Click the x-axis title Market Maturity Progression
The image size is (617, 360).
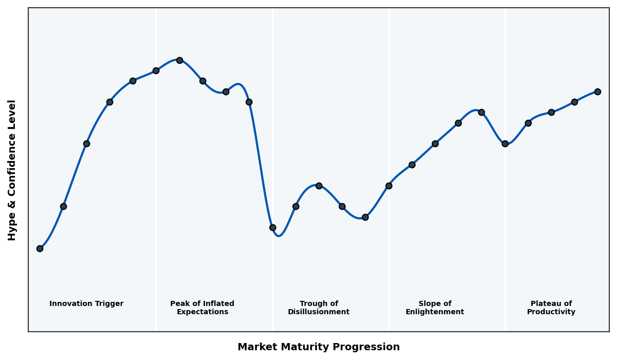coord(318,347)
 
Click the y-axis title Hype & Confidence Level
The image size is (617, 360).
coord(12,170)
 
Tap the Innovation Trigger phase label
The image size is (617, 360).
coord(86,304)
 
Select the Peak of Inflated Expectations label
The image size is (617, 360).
coord(202,308)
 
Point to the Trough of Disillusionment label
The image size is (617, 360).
coord(318,308)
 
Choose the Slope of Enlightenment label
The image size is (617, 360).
coord(434,308)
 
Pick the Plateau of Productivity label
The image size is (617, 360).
coord(551,308)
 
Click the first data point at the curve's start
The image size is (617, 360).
coord(40,248)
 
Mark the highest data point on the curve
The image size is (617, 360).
coord(179,60)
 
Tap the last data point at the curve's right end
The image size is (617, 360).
coord(597,92)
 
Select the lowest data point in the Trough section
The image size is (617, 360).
coord(273,227)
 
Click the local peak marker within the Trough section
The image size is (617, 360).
coord(319,186)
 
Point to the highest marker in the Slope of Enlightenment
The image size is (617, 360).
coord(481,112)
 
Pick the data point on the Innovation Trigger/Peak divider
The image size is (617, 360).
coord(156,70)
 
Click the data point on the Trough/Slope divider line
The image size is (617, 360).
coord(389,186)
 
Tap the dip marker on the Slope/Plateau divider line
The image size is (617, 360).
coord(505,143)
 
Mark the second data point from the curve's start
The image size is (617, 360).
coord(63,206)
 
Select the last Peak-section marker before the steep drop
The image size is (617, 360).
coord(249,102)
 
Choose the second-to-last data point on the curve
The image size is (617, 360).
coord(574,102)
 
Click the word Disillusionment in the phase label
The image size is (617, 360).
coord(318,312)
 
